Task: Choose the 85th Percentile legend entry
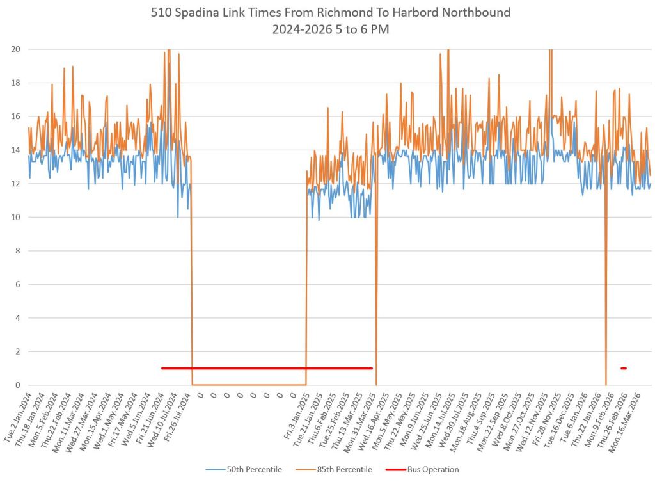pos(344,469)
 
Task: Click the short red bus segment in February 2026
pos(623,368)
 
